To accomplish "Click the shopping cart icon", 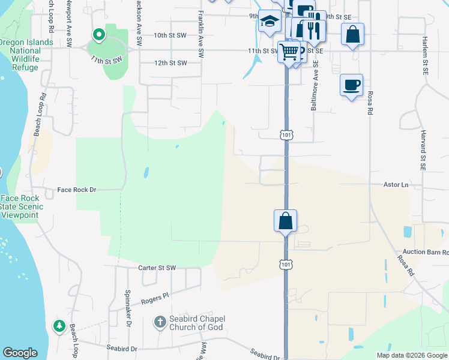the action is [x=289, y=52].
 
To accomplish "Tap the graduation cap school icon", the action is [x=270, y=22].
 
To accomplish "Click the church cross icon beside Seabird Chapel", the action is [x=160, y=322].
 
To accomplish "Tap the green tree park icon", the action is [x=59, y=326].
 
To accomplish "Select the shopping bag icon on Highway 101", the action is [x=286, y=220].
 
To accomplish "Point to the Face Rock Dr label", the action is [x=76, y=190].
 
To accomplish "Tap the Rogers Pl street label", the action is [x=155, y=296].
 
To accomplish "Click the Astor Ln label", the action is [x=396, y=185].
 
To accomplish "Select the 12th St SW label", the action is [x=170, y=63].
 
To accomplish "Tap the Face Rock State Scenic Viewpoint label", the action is [x=20, y=206].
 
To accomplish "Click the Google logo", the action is [x=20, y=353].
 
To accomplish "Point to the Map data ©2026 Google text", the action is [x=411, y=355].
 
